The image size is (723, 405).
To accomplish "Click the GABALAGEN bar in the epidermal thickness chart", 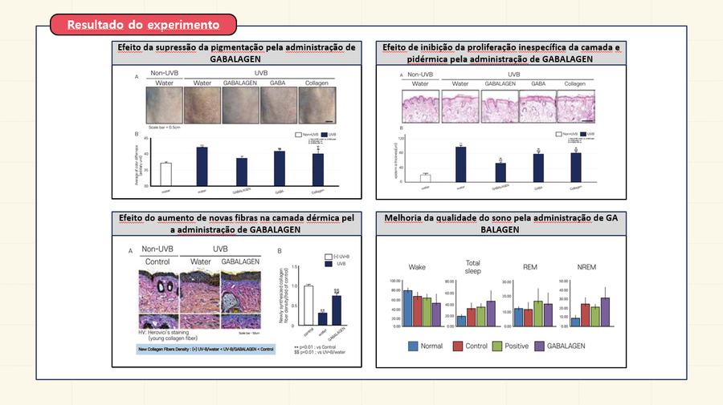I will (500, 173).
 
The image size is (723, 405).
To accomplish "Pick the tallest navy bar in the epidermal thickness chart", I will (460, 165).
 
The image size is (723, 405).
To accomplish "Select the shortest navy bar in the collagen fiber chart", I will (321, 318).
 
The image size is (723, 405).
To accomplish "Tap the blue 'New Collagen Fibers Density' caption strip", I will (204, 350).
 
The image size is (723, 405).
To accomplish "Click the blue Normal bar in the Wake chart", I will (408, 308).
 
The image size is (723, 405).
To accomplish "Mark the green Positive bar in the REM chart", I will (538, 314).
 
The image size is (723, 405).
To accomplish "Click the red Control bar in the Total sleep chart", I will (472, 317).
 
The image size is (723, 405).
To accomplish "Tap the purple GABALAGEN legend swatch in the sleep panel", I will (540, 346).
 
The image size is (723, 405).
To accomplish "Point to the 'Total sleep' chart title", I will (472, 267).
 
